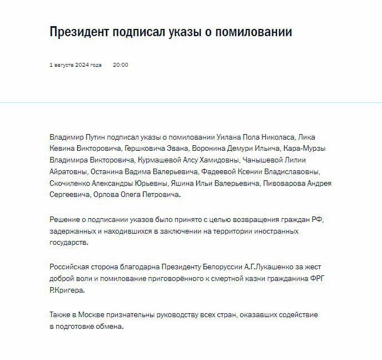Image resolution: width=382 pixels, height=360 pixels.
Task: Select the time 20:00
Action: pyautogui.click(x=120, y=65)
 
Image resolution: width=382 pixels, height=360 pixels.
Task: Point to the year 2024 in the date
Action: pyautogui.click(x=82, y=65)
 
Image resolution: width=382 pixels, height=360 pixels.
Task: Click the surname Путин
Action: pyautogui.click(x=98, y=137)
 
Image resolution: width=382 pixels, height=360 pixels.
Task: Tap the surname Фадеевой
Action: pyautogui.click(x=223, y=172)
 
